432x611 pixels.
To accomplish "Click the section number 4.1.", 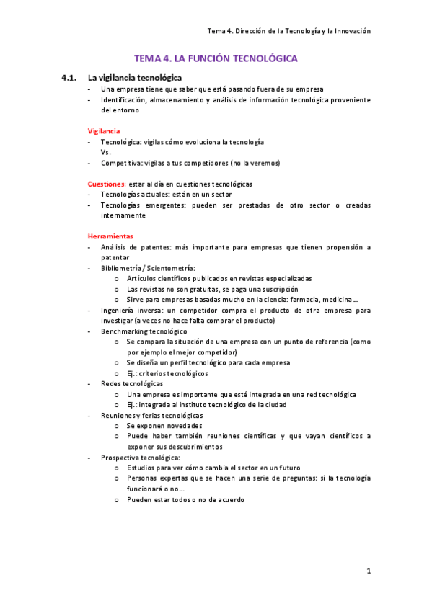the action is [x=69, y=77].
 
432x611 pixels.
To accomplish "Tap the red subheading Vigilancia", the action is [x=104, y=131].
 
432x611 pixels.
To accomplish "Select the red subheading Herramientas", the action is [x=110, y=236].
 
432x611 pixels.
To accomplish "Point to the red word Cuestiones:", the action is [x=107, y=184].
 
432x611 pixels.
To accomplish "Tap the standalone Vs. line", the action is [x=106, y=153].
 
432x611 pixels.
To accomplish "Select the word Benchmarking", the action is [x=125, y=331].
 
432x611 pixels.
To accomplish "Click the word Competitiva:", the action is [x=122, y=163].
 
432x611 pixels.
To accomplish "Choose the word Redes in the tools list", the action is [x=111, y=384].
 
